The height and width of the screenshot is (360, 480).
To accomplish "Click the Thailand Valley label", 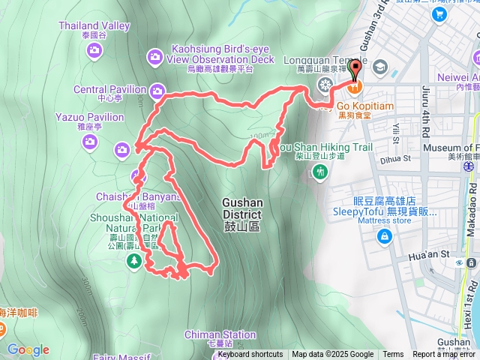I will tap(94, 25).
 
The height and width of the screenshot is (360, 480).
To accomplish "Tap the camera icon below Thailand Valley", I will tap(94, 50).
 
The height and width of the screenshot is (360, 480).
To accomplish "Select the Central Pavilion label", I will tap(109, 89).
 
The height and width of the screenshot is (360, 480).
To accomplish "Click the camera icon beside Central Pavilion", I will tap(157, 91).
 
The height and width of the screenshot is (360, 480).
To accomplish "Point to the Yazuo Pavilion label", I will tap(89, 117).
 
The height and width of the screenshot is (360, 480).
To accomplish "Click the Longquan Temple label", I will tap(326, 60).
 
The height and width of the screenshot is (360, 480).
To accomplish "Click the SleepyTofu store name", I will tap(385, 205).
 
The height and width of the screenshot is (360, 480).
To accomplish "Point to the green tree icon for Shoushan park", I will tap(134, 261).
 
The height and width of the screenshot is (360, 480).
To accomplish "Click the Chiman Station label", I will tap(220, 335).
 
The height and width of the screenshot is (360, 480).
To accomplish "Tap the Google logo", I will tap(28, 349).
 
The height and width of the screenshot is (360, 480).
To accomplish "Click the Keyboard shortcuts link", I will tap(250, 355).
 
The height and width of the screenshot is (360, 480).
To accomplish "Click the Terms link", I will tap(393, 355).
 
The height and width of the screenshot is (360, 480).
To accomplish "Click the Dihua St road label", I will tap(397, 159).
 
